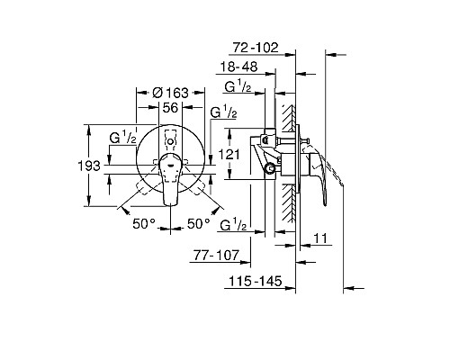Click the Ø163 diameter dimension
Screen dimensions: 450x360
170,93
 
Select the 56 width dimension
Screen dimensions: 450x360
170,107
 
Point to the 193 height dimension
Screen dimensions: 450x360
89,166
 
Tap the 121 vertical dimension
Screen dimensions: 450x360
229,155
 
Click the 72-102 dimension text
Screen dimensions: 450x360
256,48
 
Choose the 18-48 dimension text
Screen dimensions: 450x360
238,67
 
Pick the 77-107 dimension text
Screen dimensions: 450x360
216,256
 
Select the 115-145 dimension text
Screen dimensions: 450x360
256,281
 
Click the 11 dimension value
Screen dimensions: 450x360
320,238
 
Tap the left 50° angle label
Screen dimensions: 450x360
144,223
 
